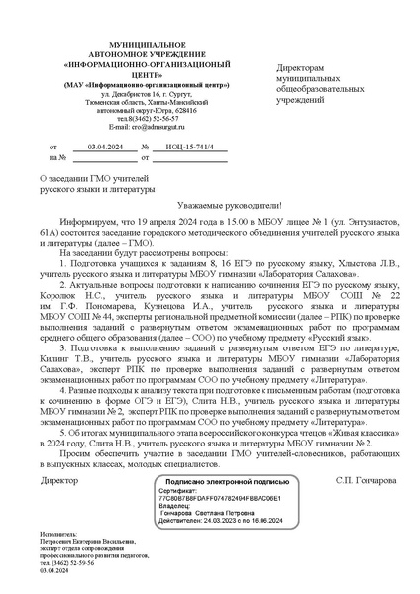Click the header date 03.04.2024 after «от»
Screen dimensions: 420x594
click(x=104, y=147)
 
